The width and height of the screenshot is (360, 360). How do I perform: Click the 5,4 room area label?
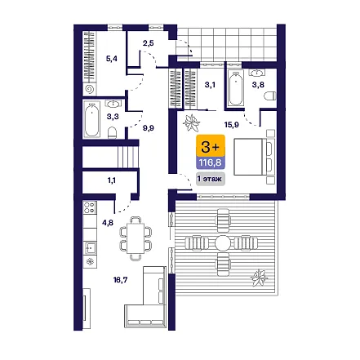pos(112,59)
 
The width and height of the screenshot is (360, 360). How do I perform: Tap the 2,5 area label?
pos(148,43)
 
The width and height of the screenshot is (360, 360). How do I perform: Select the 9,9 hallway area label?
pos(149,128)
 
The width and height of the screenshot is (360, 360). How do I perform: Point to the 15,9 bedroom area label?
pos(231,125)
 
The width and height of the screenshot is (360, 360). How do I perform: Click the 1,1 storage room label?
pos(112,180)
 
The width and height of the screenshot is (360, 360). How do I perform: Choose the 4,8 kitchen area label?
pos(108,223)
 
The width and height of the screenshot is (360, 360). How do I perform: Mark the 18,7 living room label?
pos(120,280)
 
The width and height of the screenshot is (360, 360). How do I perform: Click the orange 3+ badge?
pos(211,146)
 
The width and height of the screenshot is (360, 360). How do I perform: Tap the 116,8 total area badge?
pos(211,162)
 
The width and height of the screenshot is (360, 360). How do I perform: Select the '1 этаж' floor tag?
pos(211,179)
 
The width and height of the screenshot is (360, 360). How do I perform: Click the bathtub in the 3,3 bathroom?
pos(92,119)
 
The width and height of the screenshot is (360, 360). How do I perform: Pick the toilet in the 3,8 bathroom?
pos(270,96)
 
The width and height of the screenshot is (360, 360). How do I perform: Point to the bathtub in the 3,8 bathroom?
pos(236,88)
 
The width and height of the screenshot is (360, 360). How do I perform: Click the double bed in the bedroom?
pos(253,157)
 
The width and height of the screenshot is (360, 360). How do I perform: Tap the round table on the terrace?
pos(223,242)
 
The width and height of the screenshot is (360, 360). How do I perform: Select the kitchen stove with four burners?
pos(90,207)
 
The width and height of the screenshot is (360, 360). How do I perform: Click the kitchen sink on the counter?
pos(90,247)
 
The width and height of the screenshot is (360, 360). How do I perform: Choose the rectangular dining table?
pos(136,238)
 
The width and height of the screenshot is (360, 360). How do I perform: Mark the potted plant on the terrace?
pos(259,278)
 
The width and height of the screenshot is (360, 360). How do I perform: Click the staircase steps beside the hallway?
pos(128,157)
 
